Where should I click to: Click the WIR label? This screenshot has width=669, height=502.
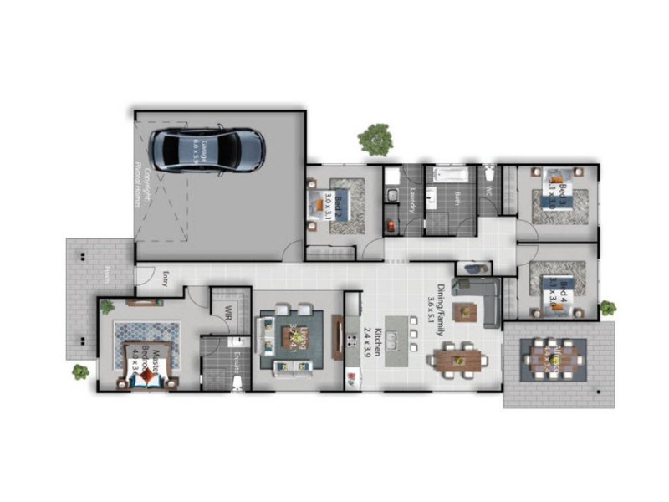coord(227,312)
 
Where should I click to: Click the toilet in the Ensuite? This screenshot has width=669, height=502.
coord(238,382)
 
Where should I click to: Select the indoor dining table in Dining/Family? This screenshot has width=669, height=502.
coord(457,361)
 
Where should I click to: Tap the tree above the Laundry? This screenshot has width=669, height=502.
coord(375,139)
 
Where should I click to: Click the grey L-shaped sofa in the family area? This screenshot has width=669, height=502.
coord(481,298)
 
